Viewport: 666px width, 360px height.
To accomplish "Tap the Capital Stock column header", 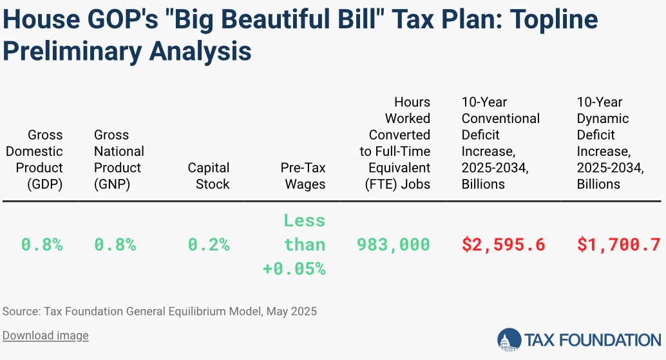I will tap(208, 176).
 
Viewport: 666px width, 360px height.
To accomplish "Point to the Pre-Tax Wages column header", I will tap(303, 176).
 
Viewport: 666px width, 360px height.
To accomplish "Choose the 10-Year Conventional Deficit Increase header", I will tap(500, 143).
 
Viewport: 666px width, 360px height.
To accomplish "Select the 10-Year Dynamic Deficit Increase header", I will tap(609, 143).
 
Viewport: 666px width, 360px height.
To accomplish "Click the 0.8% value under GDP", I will tap(42, 245).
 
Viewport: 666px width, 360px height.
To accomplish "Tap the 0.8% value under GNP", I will tap(115, 245).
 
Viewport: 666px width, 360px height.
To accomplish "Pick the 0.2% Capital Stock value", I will tap(209, 245).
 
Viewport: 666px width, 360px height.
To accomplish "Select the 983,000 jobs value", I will tap(394, 245).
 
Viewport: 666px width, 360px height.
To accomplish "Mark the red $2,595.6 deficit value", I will tap(504, 245).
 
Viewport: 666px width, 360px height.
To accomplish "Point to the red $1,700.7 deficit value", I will tap(618, 245).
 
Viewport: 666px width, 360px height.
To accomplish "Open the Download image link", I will tap(45, 336).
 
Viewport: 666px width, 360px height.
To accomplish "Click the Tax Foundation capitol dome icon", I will tap(509, 339).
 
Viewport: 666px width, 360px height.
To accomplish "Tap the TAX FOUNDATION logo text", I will tap(592, 339).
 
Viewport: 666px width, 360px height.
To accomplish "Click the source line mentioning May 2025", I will tap(160, 312).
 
